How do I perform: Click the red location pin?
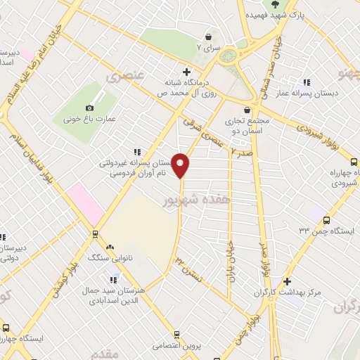click(x=181, y=165)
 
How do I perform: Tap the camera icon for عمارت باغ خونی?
click(x=89, y=108)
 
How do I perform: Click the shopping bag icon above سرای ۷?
click(x=209, y=37)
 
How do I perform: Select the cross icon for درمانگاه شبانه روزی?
click(x=186, y=71)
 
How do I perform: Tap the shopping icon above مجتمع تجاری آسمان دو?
click(x=246, y=110)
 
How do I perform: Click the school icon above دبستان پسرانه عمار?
click(x=307, y=82)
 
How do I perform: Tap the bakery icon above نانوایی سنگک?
click(x=109, y=247)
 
